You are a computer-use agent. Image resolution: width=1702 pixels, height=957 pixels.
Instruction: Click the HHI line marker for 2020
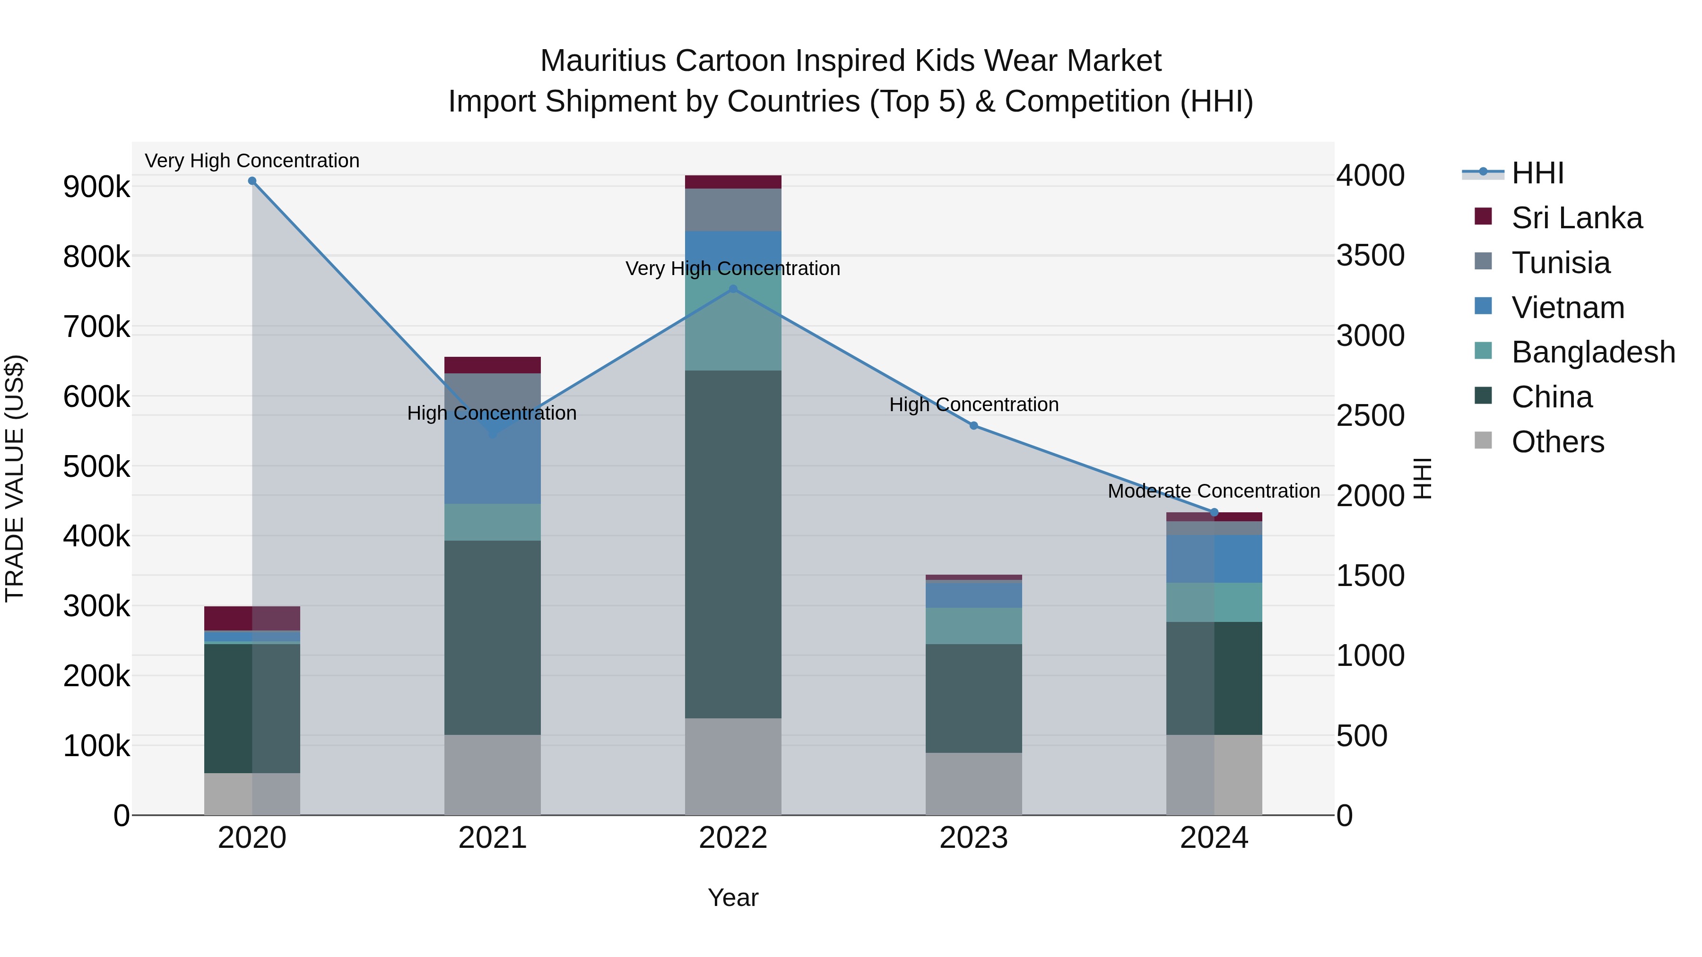click(252, 181)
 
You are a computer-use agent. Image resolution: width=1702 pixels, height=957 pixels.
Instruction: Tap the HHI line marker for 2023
click(973, 426)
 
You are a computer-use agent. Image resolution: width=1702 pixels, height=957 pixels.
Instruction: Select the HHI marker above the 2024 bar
click(1214, 512)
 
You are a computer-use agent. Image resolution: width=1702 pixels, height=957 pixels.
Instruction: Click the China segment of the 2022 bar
click(733, 544)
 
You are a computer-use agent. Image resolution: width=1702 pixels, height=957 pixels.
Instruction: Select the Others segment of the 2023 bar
click(973, 784)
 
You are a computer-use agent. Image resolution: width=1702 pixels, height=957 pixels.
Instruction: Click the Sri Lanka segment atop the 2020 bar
click(252, 618)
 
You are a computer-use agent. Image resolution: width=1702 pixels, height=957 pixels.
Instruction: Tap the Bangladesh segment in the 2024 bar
click(1214, 603)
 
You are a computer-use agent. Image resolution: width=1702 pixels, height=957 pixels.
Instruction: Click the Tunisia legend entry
click(1560, 263)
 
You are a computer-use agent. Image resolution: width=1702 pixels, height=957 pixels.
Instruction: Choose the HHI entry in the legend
click(1537, 173)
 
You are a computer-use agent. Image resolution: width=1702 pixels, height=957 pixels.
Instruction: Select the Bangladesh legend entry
click(1592, 352)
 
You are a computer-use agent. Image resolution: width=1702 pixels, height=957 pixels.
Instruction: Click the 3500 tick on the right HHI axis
click(1370, 256)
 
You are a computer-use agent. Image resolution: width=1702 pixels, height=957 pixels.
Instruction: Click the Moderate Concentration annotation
click(1214, 491)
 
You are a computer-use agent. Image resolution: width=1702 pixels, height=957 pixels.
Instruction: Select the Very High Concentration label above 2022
click(733, 269)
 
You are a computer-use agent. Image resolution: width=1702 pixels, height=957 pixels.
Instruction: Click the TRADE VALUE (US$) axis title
click(15, 478)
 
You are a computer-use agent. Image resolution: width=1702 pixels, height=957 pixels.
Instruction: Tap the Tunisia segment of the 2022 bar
click(733, 210)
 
